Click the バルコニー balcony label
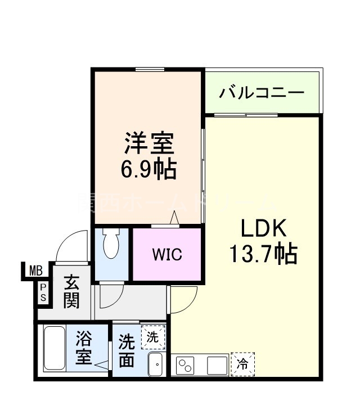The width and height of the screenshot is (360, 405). point(262,91)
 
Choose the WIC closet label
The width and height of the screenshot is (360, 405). point(167,254)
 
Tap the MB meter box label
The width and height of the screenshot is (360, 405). point(36,271)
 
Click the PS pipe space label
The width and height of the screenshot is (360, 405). point(43,292)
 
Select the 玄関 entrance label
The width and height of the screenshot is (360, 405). point(71,291)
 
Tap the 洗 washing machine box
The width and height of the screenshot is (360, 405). point(153,337)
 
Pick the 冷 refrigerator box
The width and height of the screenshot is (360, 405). point(242,364)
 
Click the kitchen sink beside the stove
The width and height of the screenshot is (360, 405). point(216,366)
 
